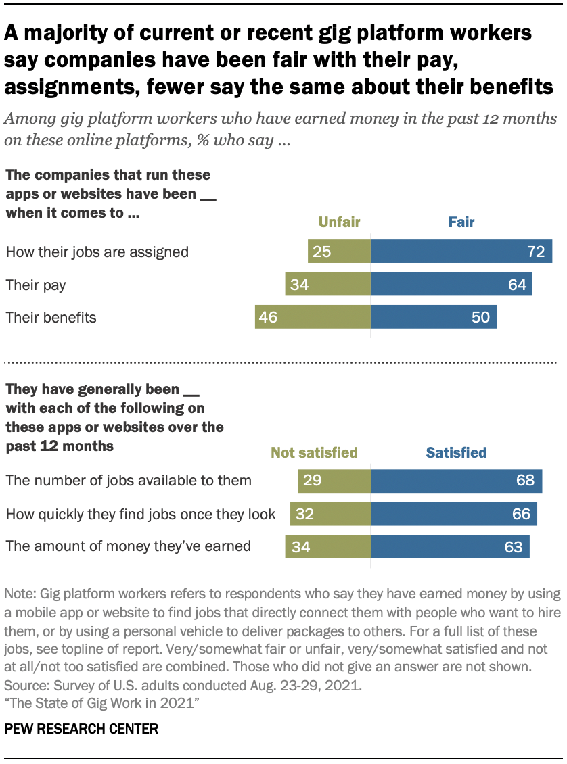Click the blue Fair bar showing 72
[x=461, y=252]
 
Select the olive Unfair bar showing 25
[x=339, y=252]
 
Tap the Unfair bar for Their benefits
[x=313, y=317]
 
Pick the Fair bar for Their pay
[x=451, y=285]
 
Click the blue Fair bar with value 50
[x=434, y=317]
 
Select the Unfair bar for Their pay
[x=328, y=285]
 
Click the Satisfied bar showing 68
[x=457, y=481]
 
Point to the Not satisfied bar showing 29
[x=334, y=481]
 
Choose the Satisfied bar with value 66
[x=454, y=514]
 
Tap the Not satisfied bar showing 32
[x=331, y=514]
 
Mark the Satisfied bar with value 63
[x=450, y=546]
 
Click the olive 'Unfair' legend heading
[x=339, y=222]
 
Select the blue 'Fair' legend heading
[x=461, y=222]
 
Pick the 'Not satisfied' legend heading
[x=314, y=452]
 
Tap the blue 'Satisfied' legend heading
[x=456, y=452]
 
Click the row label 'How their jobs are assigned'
[x=97, y=252]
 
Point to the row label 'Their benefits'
[x=51, y=317]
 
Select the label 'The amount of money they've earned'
[x=129, y=546]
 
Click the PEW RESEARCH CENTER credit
[x=81, y=729]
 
